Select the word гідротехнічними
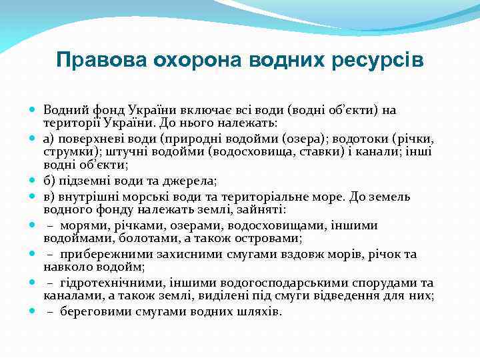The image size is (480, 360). tap(109, 283)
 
